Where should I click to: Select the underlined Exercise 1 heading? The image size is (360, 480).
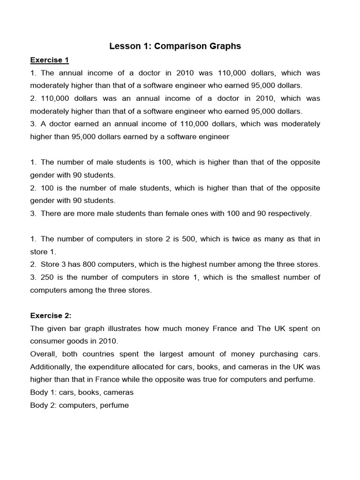click(50, 60)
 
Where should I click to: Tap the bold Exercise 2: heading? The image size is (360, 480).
click(51, 315)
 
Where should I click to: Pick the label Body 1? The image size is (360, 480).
click(43, 392)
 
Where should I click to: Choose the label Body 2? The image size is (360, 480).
click(43, 405)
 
